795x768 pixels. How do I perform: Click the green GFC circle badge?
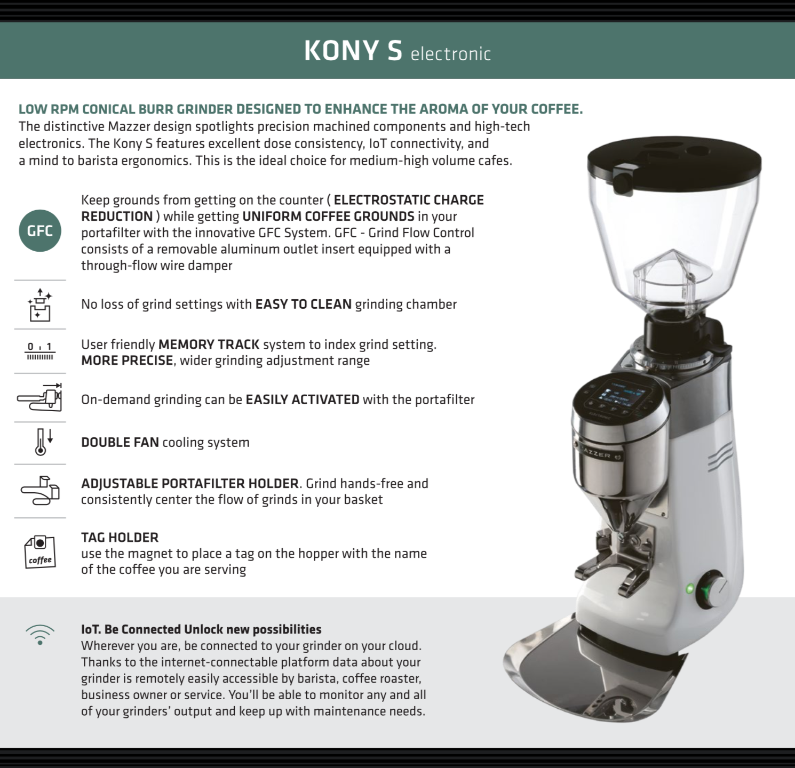40,230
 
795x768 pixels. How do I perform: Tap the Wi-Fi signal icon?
40,634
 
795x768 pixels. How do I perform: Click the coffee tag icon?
40,552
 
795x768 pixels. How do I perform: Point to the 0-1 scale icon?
40,351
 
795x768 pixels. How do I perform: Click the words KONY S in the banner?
353,51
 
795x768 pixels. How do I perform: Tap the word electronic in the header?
451,54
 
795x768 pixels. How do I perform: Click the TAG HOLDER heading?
120,537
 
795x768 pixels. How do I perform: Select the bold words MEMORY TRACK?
209,344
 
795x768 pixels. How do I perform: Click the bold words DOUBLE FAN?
120,442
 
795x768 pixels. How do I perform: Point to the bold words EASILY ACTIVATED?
303,399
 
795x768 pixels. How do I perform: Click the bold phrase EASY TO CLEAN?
304,304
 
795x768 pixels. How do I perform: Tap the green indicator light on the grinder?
689,589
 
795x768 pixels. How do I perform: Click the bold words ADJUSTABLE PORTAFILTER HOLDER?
190,483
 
